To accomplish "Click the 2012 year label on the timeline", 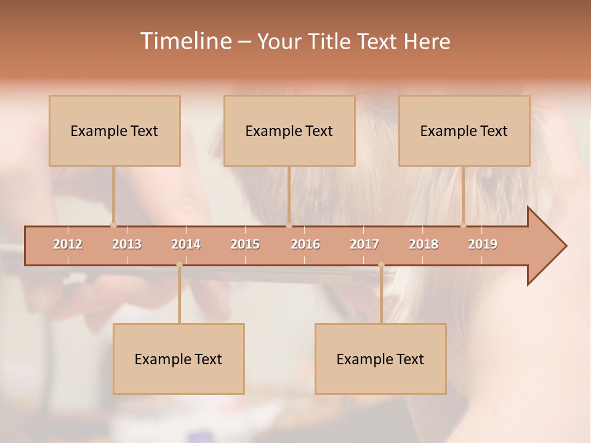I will (x=68, y=244).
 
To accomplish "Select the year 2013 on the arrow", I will (x=127, y=244).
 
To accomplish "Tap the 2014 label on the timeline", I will (x=186, y=244).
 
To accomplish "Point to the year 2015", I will (x=245, y=244).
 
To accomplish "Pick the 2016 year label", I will (x=305, y=244).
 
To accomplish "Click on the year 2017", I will (x=364, y=244).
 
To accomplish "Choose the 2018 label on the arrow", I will (x=424, y=244).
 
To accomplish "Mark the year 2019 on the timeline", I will (x=483, y=244).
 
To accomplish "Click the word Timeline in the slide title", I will (x=184, y=41).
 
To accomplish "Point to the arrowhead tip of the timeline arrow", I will (x=565, y=246).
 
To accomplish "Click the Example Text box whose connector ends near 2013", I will (x=115, y=130).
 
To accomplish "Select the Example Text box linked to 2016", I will (x=289, y=130).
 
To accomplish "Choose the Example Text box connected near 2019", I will (x=464, y=130).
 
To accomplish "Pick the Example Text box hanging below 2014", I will (x=179, y=359).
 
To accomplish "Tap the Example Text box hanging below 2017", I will (x=380, y=359).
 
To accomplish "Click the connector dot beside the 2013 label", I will (x=113, y=225).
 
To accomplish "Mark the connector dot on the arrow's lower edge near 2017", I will (x=381, y=265).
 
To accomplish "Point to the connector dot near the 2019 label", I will (x=463, y=225).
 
